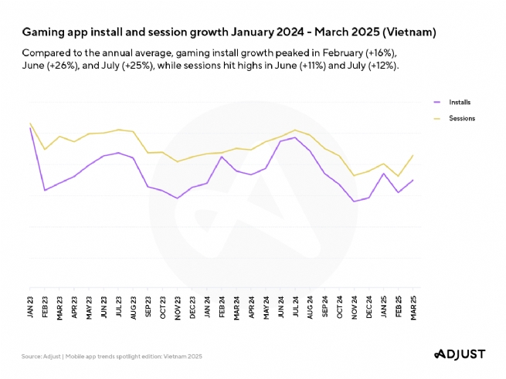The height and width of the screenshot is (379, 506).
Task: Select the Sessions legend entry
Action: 461,118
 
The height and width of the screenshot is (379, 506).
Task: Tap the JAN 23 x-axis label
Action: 31,307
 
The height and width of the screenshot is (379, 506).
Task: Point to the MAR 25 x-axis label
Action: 413,307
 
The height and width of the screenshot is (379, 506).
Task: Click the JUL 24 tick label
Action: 295,307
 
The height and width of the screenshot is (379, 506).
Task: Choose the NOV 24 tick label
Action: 354,307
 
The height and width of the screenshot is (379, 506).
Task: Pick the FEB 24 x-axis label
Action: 222,307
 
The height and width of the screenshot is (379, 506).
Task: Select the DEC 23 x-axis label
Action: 192,307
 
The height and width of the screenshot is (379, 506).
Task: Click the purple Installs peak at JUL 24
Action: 295,137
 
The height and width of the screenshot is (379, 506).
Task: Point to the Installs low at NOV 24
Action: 354,201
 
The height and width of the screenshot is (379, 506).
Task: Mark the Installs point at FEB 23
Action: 46,190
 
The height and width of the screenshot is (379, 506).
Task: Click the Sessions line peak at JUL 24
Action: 295,130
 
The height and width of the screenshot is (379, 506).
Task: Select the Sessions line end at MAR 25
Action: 413,155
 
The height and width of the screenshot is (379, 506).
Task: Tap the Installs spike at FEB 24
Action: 222,157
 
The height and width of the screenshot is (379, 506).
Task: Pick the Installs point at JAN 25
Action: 383,173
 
